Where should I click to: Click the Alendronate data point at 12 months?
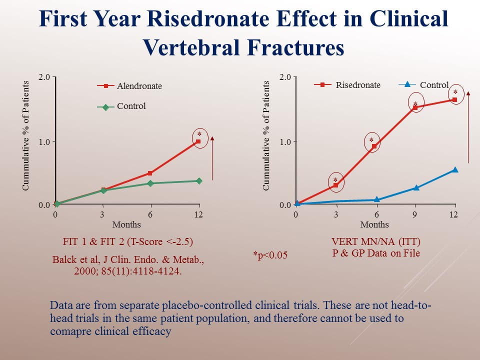(198, 142)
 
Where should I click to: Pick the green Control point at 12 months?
(198, 180)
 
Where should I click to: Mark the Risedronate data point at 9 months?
(415, 107)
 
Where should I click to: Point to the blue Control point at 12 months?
(455, 170)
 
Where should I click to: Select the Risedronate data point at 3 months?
(335, 185)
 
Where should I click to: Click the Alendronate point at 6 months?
(150, 173)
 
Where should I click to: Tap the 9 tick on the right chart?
(415, 214)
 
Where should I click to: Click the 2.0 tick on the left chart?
(44, 77)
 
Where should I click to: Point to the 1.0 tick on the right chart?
(285, 141)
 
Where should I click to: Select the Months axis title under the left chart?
(126, 224)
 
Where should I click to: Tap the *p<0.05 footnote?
(270, 255)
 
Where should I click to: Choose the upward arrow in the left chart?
(212, 157)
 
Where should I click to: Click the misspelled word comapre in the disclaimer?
(68, 331)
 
